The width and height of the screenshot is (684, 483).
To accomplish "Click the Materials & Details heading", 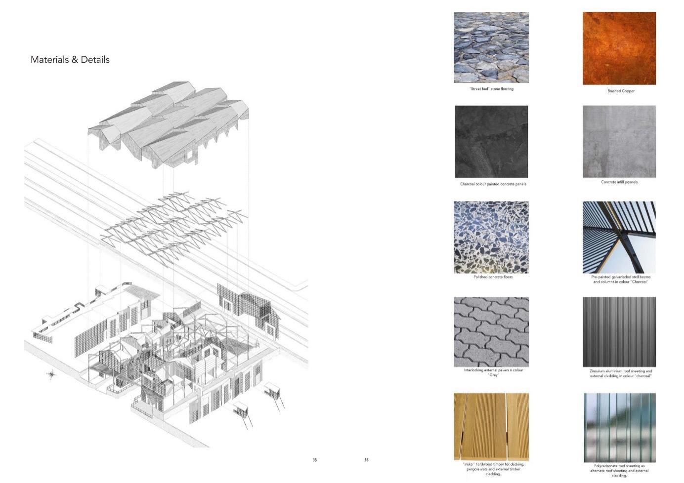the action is (70, 60).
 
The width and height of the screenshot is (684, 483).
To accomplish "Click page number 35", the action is (315, 460).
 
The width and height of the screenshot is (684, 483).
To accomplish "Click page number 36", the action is (366, 460).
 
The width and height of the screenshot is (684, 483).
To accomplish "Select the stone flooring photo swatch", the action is (491, 47).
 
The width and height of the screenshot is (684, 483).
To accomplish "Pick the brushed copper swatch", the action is (619, 48).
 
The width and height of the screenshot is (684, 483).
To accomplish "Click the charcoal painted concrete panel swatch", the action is (491, 142).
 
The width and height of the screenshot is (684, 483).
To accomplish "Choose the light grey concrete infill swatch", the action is (619, 142).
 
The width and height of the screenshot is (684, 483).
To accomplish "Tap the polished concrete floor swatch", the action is (491, 237).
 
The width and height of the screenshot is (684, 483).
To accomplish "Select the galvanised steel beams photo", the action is (619, 237).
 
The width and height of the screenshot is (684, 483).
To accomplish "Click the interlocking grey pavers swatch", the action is (491, 332).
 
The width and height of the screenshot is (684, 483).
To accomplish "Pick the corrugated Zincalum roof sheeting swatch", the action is (619, 332).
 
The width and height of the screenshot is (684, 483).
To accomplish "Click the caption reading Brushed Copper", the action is (621, 91).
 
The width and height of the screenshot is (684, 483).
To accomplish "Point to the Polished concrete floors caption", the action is (493, 277).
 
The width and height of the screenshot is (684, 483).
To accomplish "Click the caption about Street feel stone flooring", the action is (491, 89).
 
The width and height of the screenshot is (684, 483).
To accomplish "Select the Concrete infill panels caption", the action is (619, 182).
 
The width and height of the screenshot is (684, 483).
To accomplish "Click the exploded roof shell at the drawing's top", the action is (168, 123).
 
